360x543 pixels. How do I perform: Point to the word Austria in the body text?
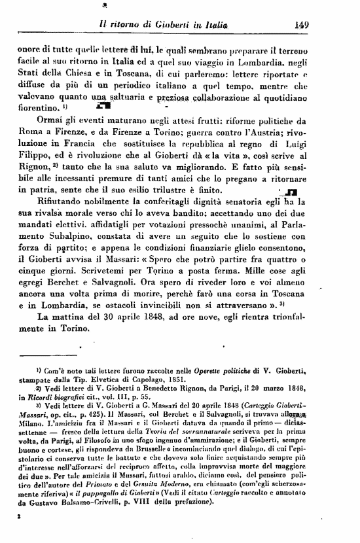tap(271, 133)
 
